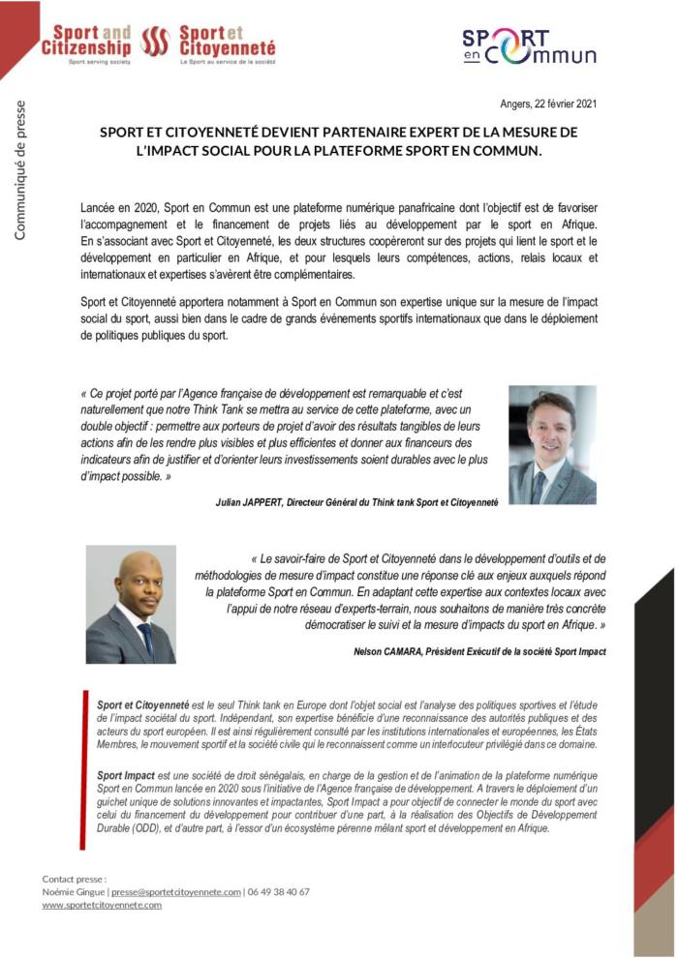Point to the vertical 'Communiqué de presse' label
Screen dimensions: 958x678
(20, 170)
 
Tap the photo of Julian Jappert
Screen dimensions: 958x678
(552, 444)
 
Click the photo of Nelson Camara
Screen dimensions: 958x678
(131, 604)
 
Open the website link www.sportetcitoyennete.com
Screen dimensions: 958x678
(102, 905)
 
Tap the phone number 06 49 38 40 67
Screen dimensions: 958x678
(280, 891)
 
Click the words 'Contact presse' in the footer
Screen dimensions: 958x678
(73, 879)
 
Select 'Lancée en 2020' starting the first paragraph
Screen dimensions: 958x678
(119, 208)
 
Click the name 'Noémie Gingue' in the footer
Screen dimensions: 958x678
(74, 891)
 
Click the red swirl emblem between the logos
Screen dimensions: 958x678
(155, 42)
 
